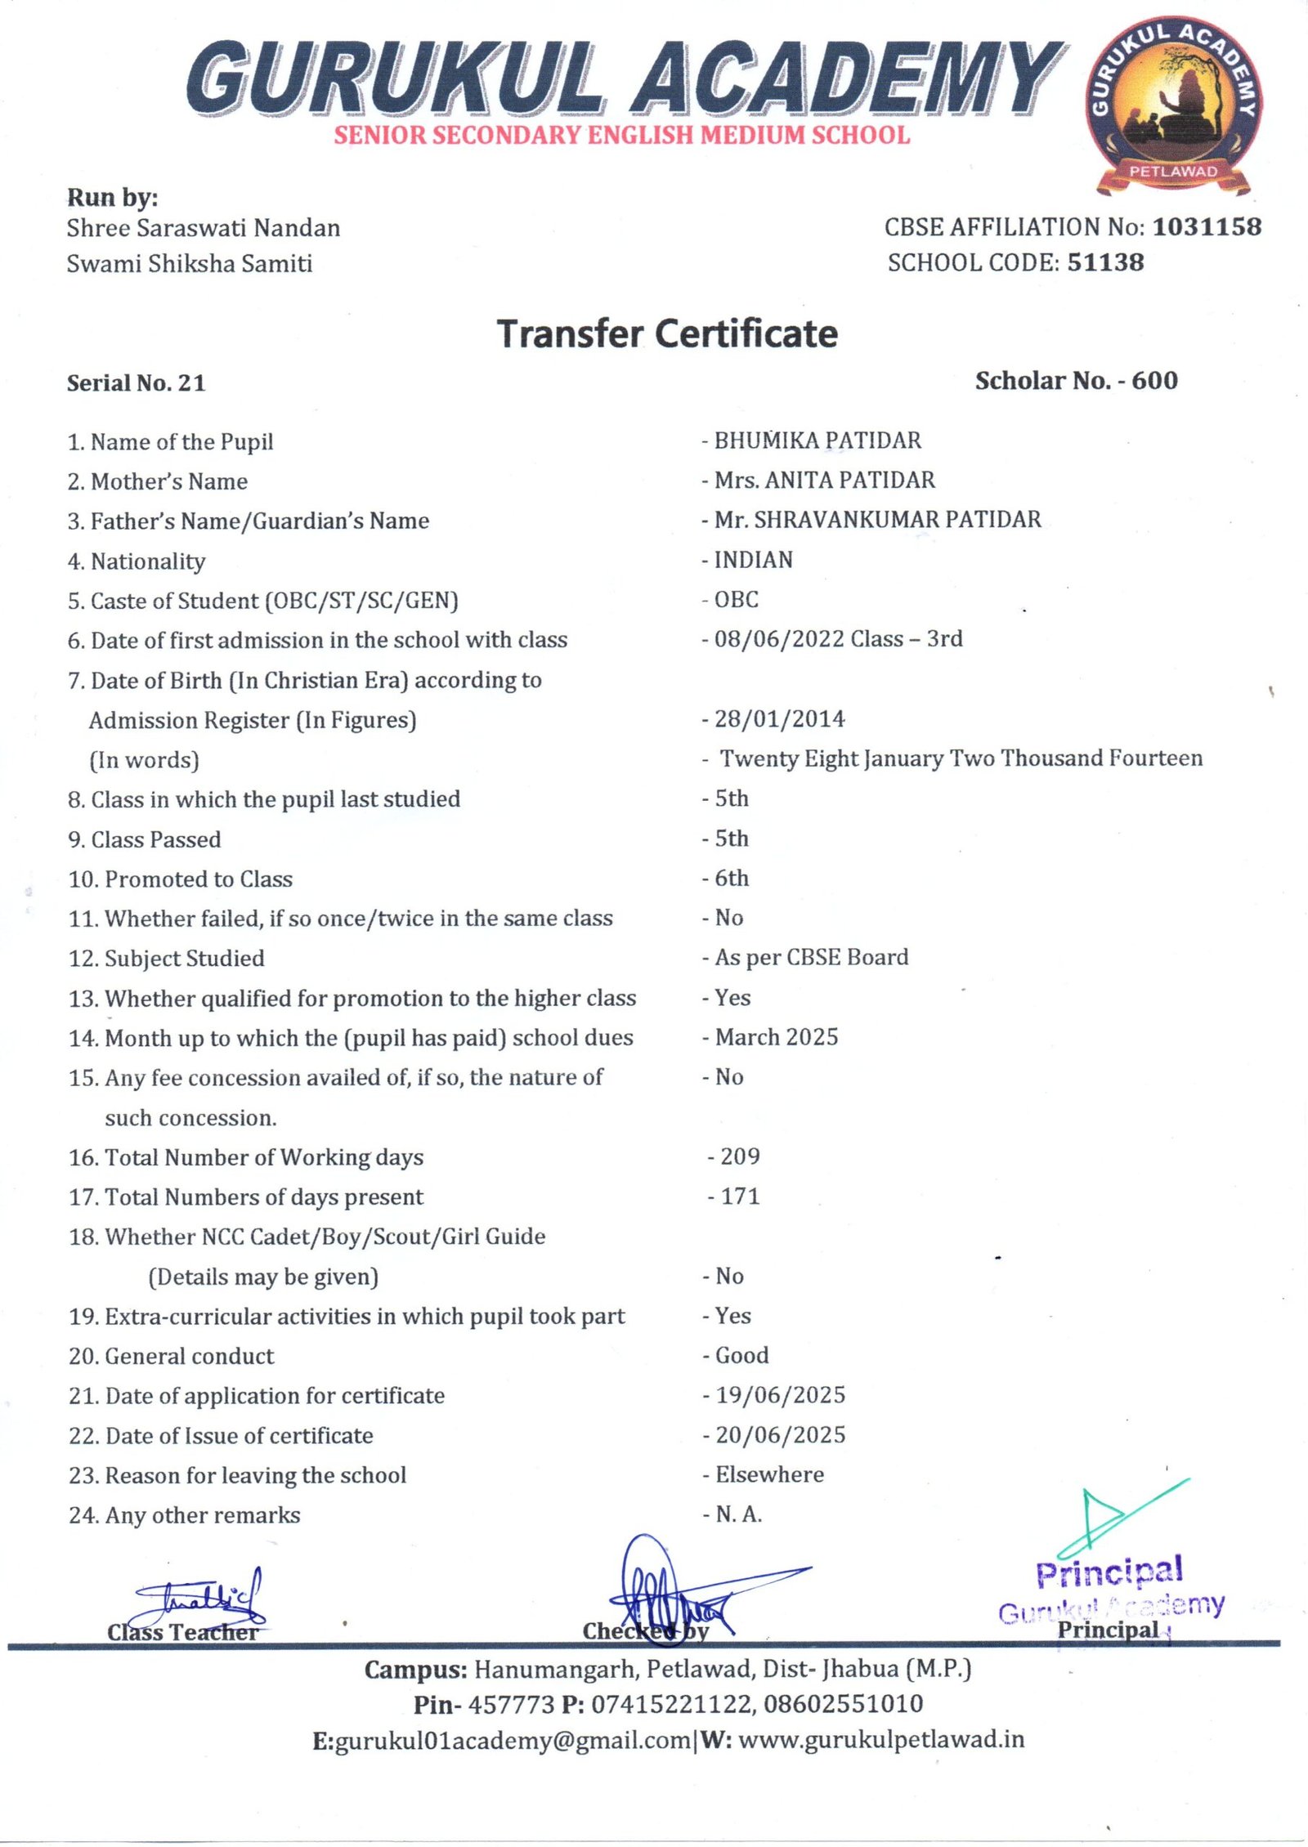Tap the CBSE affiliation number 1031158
pyautogui.click(x=1207, y=227)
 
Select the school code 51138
pyautogui.click(x=1105, y=262)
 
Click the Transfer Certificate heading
pyautogui.click(x=667, y=334)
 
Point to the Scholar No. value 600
pyautogui.click(x=1154, y=381)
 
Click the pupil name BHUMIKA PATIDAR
pyautogui.click(x=817, y=441)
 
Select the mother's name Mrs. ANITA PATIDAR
pyautogui.click(x=824, y=480)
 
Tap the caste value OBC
pyautogui.click(x=737, y=599)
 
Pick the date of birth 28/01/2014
pyautogui.click(x=779, y=719)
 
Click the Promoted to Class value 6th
pyautogui.click(x=732, y=879)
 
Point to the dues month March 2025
pyautogui.click(x=777, y=1037)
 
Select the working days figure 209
pyautogui.click(x=740, y=1156)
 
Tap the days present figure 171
pyautogui.click(x=740, y=1196)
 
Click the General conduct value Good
pyautogui.click(x=742, y=1356)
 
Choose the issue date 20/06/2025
pyautogui.click(x=781, y=1435)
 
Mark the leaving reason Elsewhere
pyautogui.click(x=769, y=1475)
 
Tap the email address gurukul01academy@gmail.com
pyautogui.click(x=513, y=1739)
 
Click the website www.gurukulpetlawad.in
pyautogui.click(x=881, y=1739)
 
